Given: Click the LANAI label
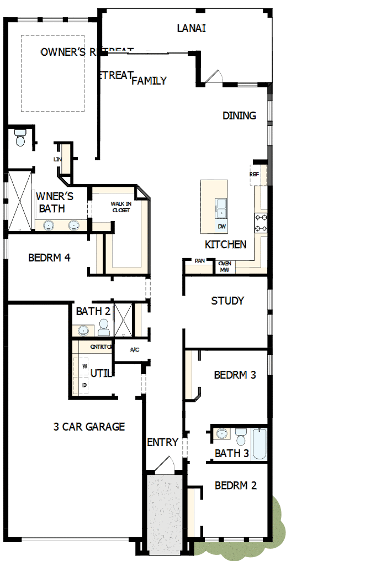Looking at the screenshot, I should coord(192,28).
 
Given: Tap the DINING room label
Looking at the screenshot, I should coord(239,116).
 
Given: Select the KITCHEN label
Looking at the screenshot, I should coord(225,244).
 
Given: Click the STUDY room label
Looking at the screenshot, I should coord(227,301).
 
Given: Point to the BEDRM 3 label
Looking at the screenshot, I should coord(235,375).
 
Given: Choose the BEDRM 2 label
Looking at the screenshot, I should coord(236,485).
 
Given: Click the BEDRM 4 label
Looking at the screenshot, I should coord(49,257).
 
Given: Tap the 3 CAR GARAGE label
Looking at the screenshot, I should coord(89,426).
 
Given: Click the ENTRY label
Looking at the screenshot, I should coord(163,442).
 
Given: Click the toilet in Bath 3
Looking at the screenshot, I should coord(241,436).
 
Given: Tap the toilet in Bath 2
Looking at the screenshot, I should coord(103,329).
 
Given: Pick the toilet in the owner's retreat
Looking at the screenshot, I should coord(20,138).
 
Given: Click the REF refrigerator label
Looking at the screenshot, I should coord(254,174).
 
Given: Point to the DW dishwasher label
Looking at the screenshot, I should coord(221,227).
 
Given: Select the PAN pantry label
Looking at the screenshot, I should coord(199,261).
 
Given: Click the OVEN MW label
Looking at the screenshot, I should coord(224,266).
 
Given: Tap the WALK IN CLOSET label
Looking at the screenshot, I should coord(120,207).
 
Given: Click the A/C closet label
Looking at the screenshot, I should coord(134,350).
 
